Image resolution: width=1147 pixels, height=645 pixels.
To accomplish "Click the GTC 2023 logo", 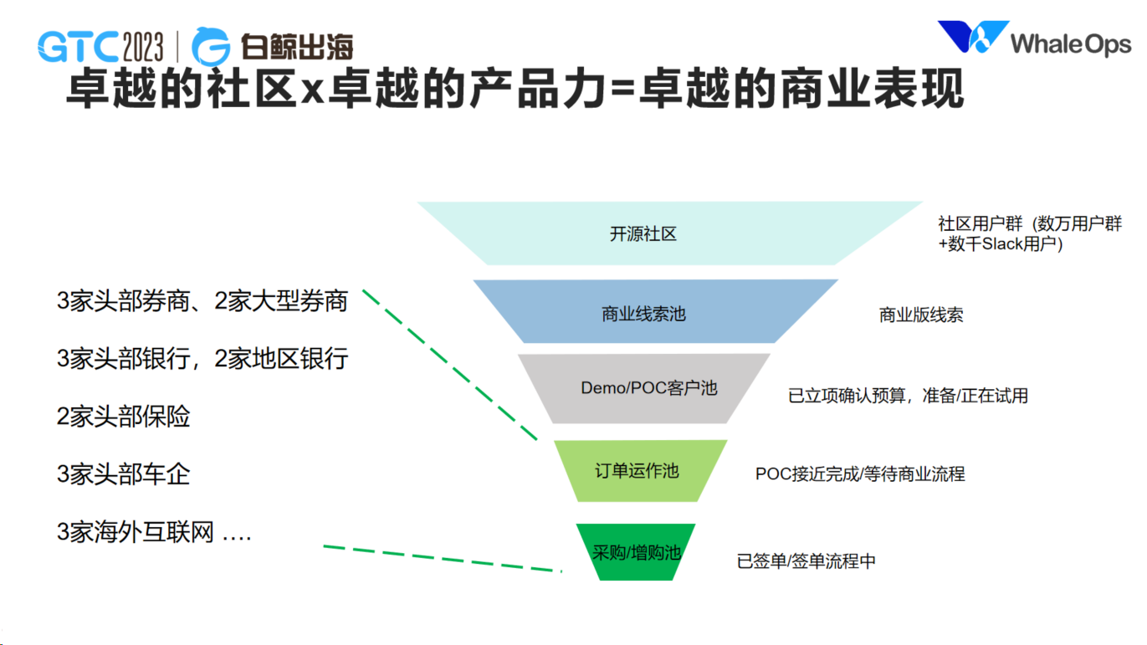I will click(100, 47).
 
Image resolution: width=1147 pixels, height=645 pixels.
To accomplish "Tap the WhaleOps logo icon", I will click(972, 39).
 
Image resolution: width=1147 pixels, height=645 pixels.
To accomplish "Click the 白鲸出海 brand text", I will click(297, 47).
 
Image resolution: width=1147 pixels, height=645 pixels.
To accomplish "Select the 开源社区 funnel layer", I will click(643, 234).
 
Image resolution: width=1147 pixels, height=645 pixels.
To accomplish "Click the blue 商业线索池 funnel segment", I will click(643, 314).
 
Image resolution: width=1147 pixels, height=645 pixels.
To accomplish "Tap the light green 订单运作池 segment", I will click(637, 471).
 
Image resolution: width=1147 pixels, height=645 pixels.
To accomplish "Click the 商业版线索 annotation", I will click(920, 315).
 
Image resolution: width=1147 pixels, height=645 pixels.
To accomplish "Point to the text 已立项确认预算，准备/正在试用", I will click(908, 396).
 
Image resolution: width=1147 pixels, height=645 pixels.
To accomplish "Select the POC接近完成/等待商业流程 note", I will click(860, 474).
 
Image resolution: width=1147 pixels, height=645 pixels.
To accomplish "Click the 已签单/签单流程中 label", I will click(806, 561).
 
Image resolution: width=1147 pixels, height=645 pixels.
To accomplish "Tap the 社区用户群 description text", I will click(1029, 234).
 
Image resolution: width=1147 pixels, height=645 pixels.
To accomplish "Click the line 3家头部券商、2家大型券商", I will click(202, 301).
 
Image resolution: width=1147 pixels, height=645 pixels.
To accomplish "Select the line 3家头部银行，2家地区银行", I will click(202, 359).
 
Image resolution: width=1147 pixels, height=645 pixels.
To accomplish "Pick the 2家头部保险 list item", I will click(123, 417).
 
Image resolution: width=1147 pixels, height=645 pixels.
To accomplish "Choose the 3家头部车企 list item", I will click(123, 474).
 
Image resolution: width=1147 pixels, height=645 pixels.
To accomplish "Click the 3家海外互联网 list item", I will click(154, 532).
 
